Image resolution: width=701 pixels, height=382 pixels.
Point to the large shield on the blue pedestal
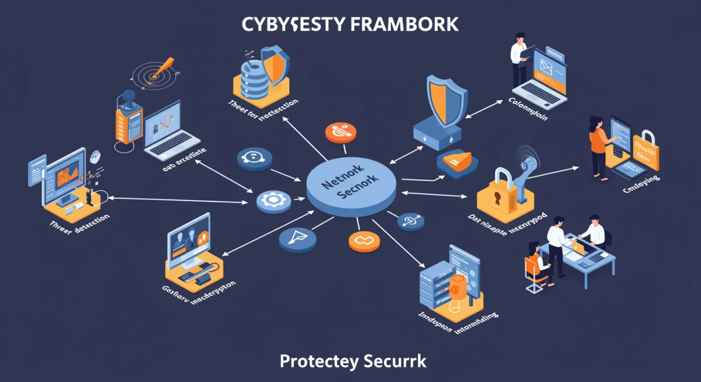(x=447, y=99)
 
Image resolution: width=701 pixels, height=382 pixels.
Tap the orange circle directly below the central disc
(x=360, y=241)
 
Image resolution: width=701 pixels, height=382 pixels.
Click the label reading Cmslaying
(x=641, y=181)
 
